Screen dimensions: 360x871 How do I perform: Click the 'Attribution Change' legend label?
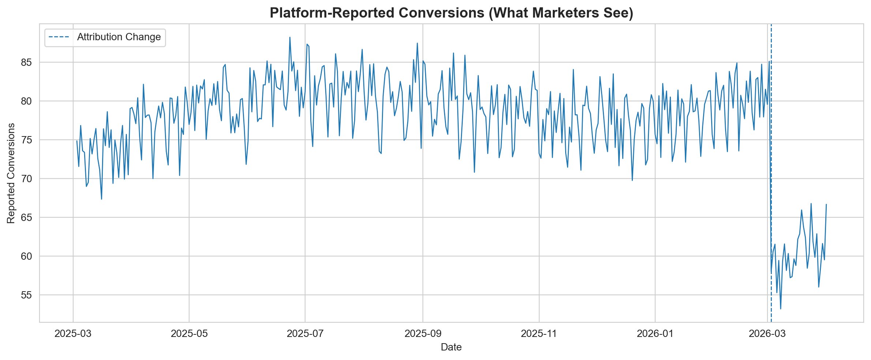click(x=119, y=37)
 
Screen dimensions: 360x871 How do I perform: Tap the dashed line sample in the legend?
click(x=60, y=37)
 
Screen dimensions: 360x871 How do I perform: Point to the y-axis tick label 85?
click(x=27, y=63)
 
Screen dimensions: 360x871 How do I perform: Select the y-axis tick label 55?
click(x=27, y=295)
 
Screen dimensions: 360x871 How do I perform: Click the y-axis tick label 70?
click(x=27, y=179)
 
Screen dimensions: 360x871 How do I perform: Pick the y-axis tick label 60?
click(x=27, y=256)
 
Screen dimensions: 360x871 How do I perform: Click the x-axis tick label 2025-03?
click(x=73, y=334)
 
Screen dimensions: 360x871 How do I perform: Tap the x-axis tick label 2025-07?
click(x=305, y=334)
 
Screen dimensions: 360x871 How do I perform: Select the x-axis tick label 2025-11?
click(x=539, y=334)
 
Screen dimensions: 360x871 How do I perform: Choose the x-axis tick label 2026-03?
click(x=767, y=334)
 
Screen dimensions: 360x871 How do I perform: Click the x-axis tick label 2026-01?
click(x=655, y=334)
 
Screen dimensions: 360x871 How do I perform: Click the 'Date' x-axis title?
click(x=451, y=347)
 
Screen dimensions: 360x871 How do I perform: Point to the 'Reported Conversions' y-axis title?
click(x=11, y=173)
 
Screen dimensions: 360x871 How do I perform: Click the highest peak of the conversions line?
click(x=290, y=37)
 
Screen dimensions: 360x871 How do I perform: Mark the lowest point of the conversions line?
click(x=780, y=309)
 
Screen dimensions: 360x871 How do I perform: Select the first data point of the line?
click(x=77, y=141)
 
